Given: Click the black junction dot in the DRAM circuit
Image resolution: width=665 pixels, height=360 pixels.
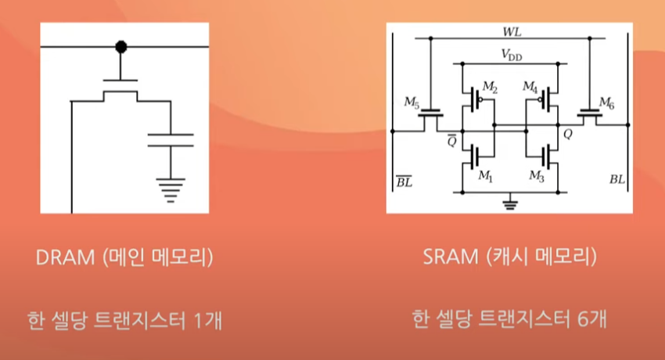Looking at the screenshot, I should tap(120, 47).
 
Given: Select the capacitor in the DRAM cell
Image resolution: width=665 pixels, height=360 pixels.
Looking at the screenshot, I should tap(170, 140).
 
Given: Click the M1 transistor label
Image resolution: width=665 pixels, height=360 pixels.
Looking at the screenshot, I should tap(485, 178).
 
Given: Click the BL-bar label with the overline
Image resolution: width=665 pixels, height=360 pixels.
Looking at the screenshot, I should tap(403, 182).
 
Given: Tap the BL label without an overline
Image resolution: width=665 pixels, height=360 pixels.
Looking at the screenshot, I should tap(617, 179).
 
